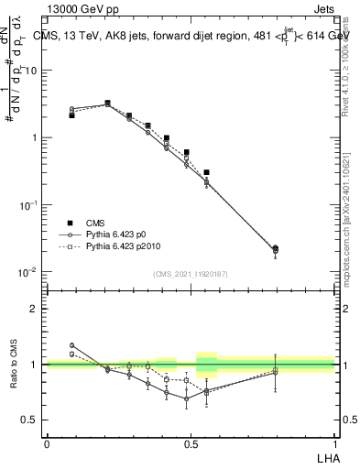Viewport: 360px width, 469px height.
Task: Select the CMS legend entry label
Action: (96, 223)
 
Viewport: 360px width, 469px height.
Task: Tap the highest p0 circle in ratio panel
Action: (72, 345)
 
